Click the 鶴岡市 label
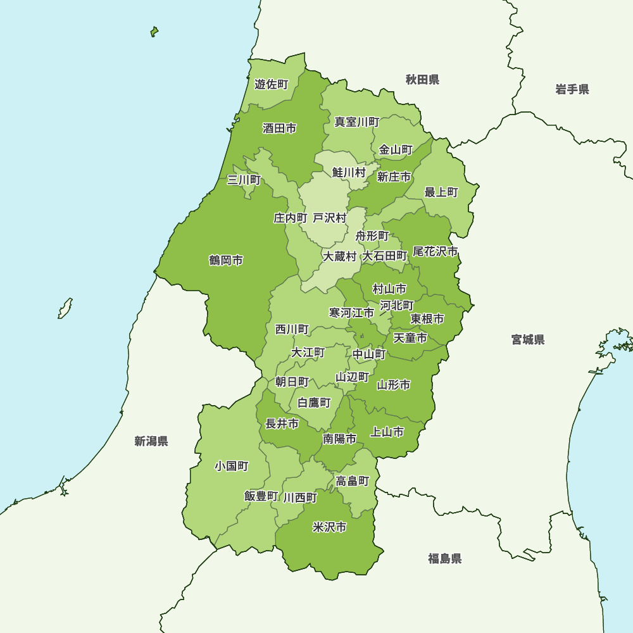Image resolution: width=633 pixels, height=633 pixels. click(226, 261)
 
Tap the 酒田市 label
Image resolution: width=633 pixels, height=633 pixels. click(279, 128)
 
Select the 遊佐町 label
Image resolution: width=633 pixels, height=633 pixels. click(271, 84)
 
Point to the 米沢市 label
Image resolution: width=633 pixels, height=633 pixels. click(329, 527)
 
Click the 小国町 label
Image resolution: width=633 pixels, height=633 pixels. click(231, 467)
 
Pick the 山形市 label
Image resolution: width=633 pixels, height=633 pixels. click(393, 385)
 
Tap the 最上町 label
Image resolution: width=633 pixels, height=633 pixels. click(441, 192)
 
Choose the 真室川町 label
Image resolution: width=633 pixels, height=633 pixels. click(357, 122)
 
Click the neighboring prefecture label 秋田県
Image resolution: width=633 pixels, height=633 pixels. click(422, 80)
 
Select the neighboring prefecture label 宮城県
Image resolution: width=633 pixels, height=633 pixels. click(528, 340)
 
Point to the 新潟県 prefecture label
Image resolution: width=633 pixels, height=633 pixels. click(151, 441)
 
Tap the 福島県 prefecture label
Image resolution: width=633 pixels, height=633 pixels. click(444, 558)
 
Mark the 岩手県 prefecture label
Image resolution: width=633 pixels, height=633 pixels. click(572, 89)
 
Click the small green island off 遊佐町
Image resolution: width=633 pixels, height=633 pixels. click(154, 31)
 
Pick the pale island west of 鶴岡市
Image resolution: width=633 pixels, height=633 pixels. click(65, 308)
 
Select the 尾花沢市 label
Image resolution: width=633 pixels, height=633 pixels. click(435, 252)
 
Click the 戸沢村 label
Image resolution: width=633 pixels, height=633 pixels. click(330, 218)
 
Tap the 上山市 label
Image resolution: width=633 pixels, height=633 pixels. click(387, 432)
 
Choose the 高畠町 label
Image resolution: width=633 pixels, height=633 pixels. click(353, 481)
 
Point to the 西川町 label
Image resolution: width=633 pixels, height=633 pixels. click(292, 330)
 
